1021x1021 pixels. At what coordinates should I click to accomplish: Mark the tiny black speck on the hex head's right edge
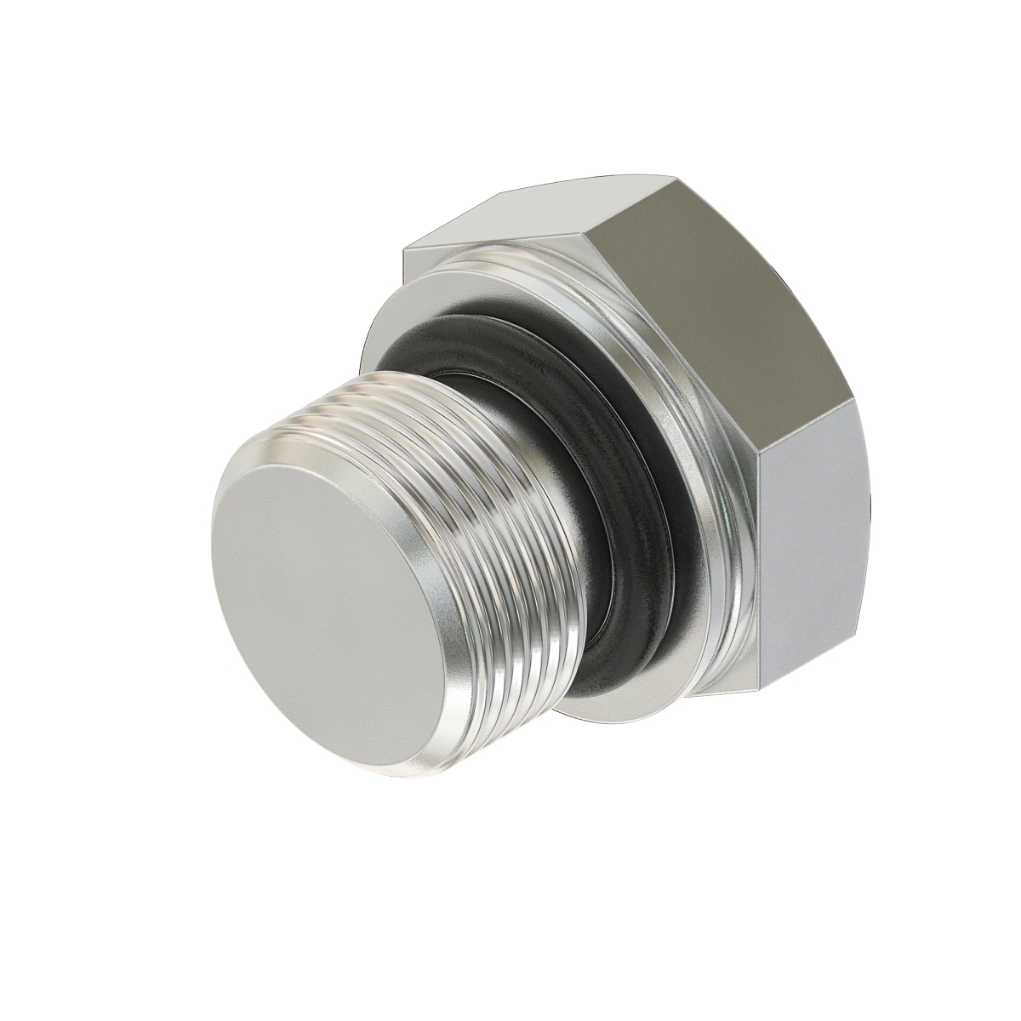pos(870,515)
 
